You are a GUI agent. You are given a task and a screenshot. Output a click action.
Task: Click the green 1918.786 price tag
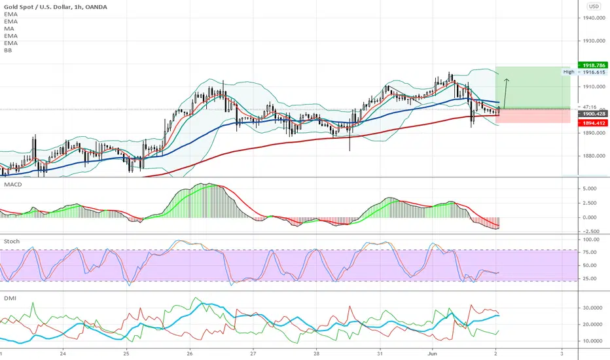(x=593, y=65)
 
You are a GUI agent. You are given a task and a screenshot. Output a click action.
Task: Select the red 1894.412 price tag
(x=593, y=123)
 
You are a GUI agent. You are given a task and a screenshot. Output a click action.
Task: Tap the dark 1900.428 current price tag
(x=593, y=114)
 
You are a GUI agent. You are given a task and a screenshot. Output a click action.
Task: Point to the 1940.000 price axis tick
(x=594, y=18)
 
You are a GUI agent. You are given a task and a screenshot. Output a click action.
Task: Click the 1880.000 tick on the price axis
(x=594, y=156)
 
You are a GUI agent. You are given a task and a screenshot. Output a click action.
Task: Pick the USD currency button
(x=594, y=7)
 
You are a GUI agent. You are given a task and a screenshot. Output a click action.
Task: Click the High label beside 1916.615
(x=569, y=72)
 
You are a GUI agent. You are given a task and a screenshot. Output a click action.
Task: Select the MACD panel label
(x=13, y=185)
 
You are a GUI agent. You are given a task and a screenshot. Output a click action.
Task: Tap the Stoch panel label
(x=12, y=242)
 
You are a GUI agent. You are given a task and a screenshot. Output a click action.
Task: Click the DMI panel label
(x=10, y=298)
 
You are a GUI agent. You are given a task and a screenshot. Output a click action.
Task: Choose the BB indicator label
(x=8, y=50)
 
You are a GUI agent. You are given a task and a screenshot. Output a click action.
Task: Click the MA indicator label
(x=9, y=28)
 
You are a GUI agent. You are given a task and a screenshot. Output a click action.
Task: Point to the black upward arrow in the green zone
(x=506, y=94)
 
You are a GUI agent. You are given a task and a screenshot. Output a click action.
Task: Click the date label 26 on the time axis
(x=189, y=353)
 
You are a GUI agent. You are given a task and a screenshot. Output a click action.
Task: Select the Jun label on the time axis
(x=432, y=353)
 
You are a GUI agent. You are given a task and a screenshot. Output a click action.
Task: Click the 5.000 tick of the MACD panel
(x=590, y=189)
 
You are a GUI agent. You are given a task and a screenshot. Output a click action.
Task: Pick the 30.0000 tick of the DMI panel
(x=592, y=308)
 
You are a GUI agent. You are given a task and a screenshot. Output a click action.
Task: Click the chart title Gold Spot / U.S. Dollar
(x=37, y=7)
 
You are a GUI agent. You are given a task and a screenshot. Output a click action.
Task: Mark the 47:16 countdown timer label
(x=590, y=107)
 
